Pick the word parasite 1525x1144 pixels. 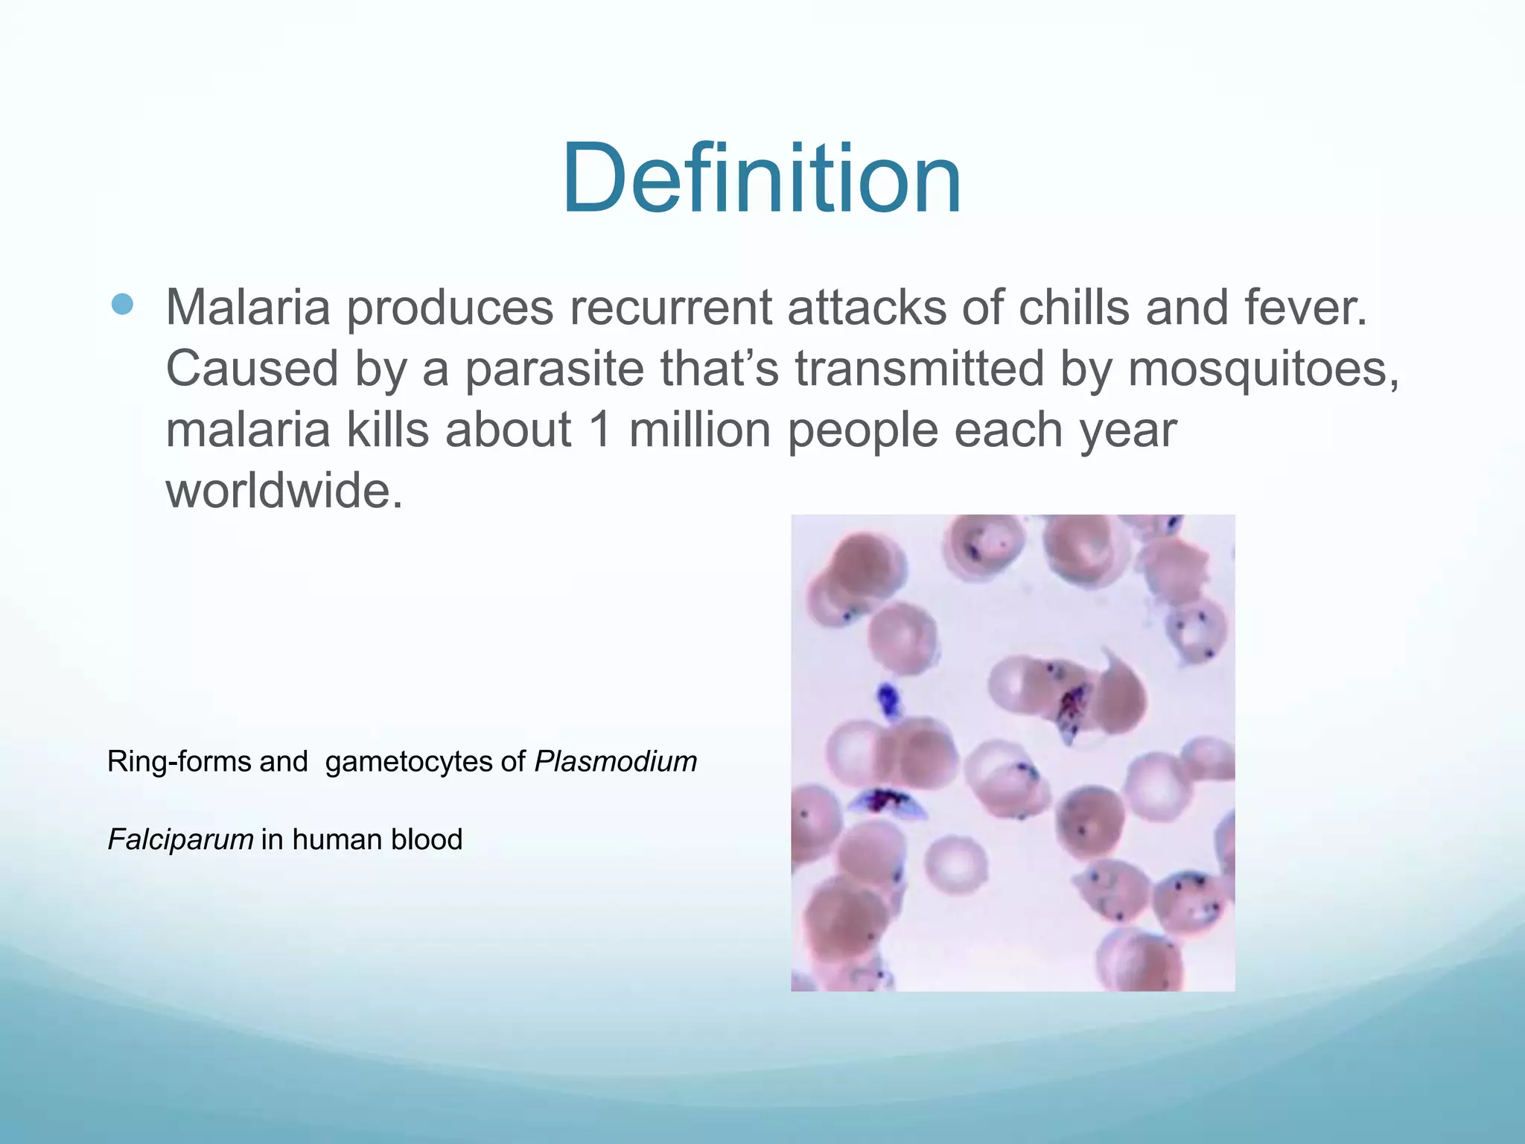click(554, 369)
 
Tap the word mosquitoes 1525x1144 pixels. click(1263, 369)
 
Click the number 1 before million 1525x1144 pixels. click(600, 430)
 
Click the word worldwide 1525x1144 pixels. click(284, 491)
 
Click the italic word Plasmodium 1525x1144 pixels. click(616, 762)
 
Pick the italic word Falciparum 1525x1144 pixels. click(181, 840)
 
